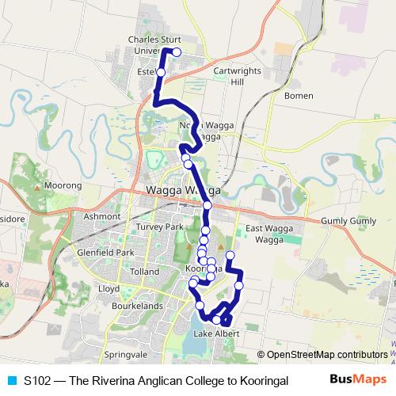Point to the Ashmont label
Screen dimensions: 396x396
[101, 215]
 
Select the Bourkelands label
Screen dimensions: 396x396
[138, 306]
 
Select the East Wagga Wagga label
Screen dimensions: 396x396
[264, 234]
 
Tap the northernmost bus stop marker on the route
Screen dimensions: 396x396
[177, 52]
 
